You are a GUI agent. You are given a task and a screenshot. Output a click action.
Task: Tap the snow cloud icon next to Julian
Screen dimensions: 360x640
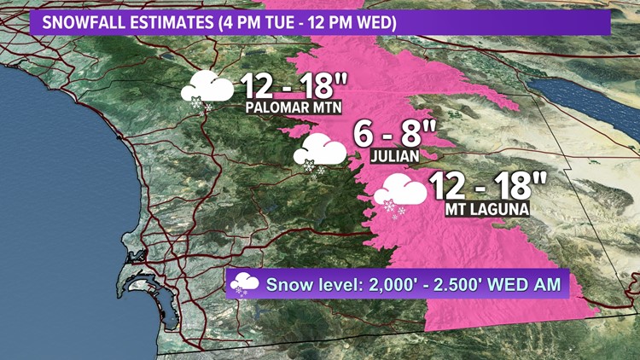(x=320, y=153)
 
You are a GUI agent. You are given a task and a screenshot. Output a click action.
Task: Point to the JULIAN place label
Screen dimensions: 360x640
(x=395, y=157)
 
